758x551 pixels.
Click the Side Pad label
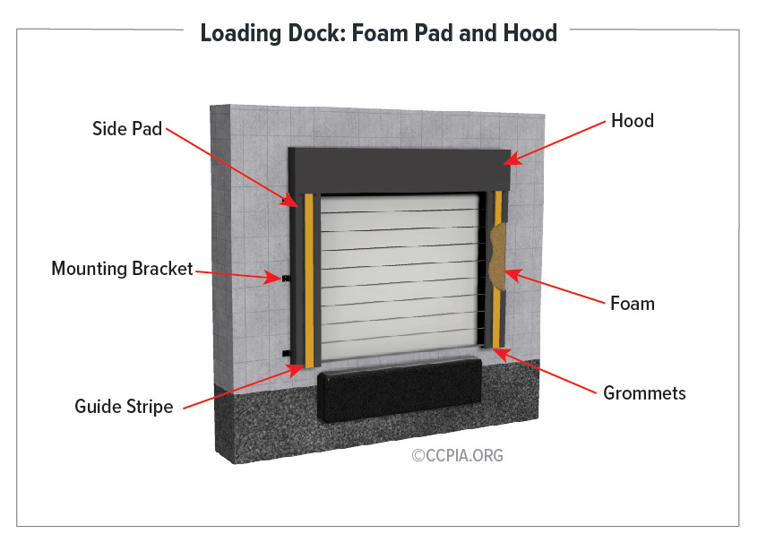(127, 129)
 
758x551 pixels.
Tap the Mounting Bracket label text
(123, 268)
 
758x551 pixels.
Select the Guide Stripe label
(124, 407)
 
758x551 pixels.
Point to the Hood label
(633, 120)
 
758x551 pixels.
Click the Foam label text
(633, 304)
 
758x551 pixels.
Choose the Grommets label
(644, 393)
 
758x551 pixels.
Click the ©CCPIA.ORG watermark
(457, 455)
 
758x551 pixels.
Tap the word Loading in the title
(241, 33)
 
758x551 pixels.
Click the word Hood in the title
(530, 33)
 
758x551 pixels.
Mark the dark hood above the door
(400, 170)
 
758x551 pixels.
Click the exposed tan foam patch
(498, 256)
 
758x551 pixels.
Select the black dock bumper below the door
(400, 390)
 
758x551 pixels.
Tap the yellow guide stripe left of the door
(309, 280)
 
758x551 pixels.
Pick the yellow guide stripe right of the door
(497, 269)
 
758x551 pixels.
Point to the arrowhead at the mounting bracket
(272, 277)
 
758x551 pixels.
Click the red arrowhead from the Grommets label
(502, 354)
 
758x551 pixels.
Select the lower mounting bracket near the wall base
(286, 354)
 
